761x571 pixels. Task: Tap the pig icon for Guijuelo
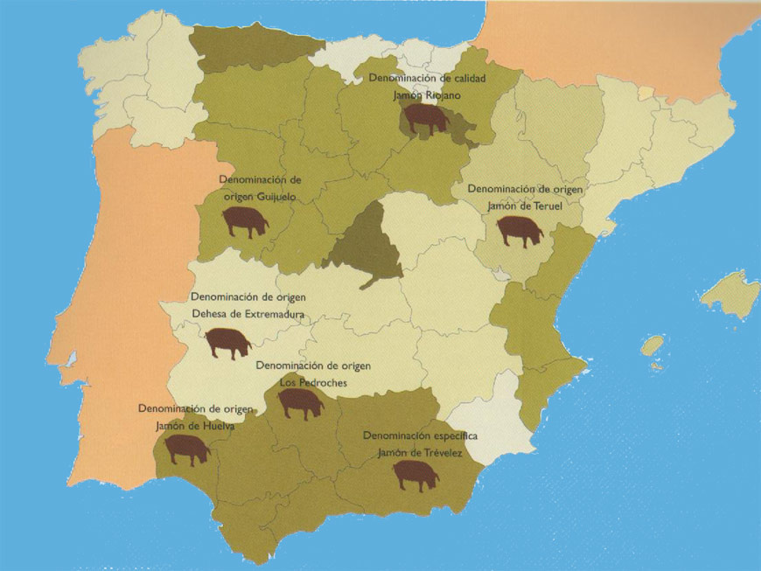[245, 221]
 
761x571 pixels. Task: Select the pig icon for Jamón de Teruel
[520, 231]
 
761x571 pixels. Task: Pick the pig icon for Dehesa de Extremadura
[228, 343]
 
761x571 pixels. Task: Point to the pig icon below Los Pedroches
[300, 402]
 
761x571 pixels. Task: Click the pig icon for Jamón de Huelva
[188, 449]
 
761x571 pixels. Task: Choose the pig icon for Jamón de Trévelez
[415, 475]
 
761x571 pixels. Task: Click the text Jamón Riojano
[427, 95]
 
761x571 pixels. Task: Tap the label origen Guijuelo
[260, 197]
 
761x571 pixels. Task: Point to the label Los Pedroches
[313, 382]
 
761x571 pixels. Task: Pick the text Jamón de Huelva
[195, 427]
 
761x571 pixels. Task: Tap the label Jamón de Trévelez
[419, 453]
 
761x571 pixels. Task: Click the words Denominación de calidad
[427, 79]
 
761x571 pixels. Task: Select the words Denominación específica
[420, 435]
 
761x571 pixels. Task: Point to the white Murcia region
[490, 420]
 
